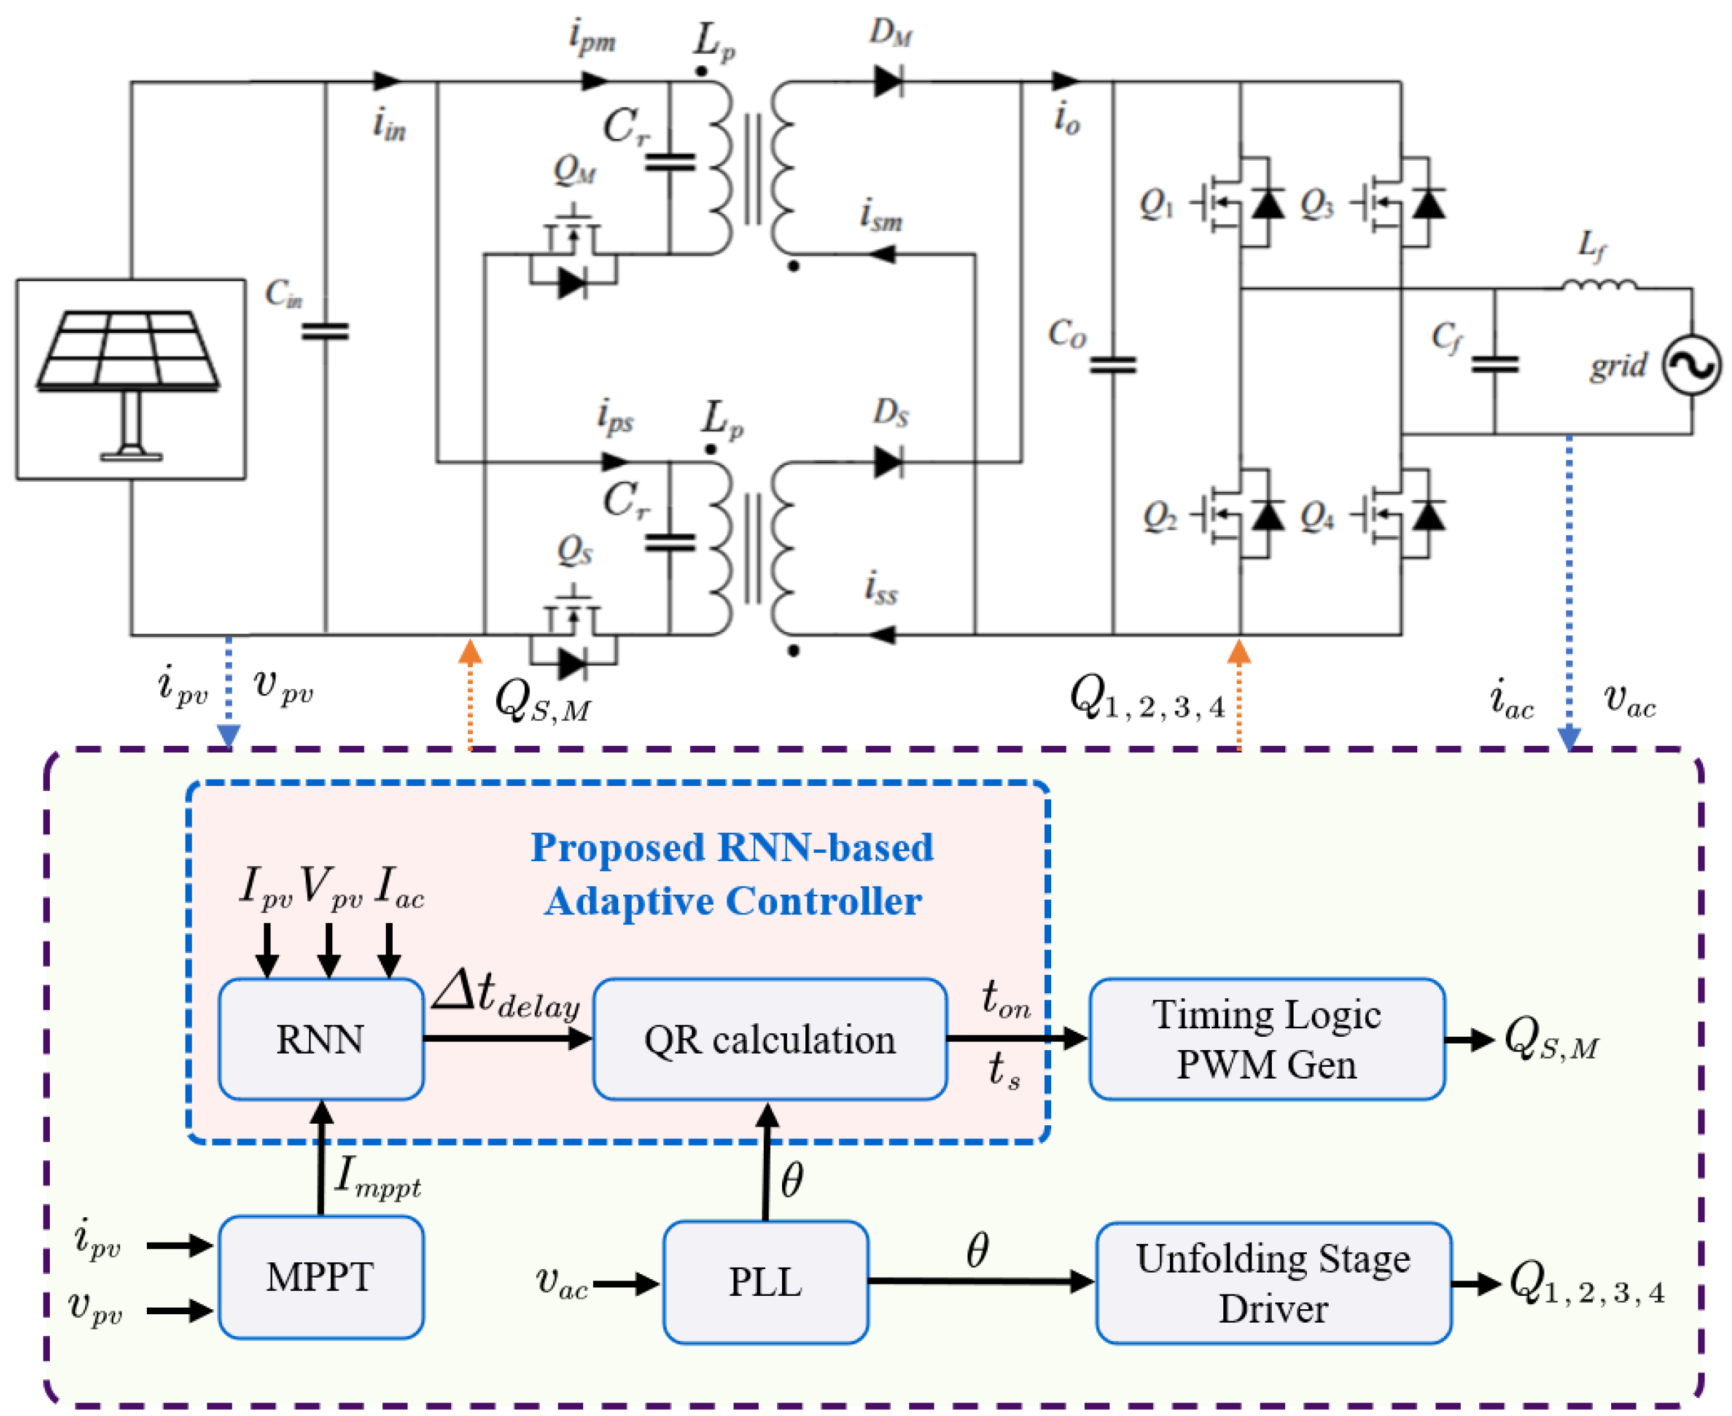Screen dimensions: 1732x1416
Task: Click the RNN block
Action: (x=320, y=1039)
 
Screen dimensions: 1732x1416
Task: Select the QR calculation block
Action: (x=770, y=1039)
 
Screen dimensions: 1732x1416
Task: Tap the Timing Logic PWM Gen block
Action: (x=1267, y=1039)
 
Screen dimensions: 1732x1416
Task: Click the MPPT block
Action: (x=320, y=1278)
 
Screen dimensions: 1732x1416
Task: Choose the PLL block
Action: (x=765, y=1281)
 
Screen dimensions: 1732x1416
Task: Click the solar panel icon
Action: (x=131, y=379)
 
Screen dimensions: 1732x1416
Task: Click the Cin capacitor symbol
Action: (x=325, y=331)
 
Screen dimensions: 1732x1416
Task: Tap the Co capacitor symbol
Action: (x=1113, y=365)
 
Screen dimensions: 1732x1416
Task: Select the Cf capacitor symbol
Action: (x=1495, y=365)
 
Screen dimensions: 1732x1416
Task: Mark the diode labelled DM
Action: (x=887, y=81)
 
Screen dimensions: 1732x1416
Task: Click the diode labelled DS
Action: (x=887, y=462)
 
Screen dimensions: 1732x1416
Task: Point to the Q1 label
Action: (x=1156, y=203)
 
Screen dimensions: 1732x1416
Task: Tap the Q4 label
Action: (x=1317, y=516)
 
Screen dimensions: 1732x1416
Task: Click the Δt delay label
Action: (x=506, y=996)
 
